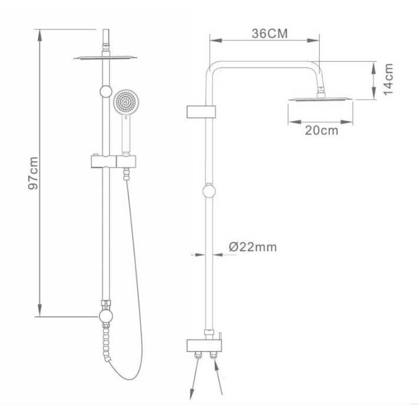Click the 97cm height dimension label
point(34,173)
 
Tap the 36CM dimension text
point(270,34)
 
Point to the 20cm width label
point(321,131)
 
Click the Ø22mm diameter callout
point(253,247)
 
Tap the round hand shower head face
point(126,102)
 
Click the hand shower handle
point(126,134)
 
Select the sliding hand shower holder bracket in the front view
point(114,161)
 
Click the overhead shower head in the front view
point(105,58)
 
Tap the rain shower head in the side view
point(320,99)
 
